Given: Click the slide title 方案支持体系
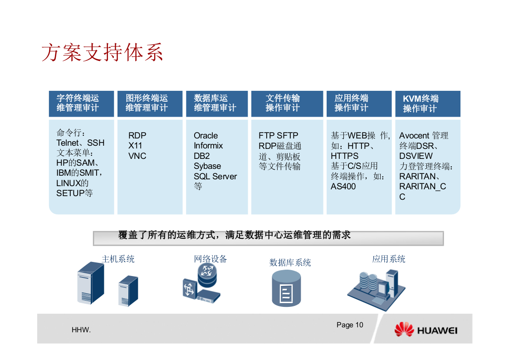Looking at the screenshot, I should tap(102, 52).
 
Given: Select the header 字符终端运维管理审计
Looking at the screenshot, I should tap(78, 103).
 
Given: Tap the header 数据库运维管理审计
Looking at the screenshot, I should tap(215, 103).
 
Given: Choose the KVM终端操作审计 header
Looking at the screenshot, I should tap(421, 104).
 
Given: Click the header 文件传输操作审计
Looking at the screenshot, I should tap(283, 103).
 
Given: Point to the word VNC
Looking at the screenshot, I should tap(137, 156).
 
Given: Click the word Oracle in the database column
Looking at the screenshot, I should tap(206, 135).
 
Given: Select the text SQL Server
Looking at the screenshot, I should tap(215, 176).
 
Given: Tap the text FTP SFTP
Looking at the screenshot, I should tap(278, 135).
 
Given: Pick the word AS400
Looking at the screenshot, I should tap(343, 186).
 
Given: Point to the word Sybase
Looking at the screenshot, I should tap(207, 166).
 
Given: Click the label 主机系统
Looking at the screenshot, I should tap(118, 259).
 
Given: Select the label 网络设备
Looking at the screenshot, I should tap(210, 259).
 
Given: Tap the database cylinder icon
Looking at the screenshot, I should tap(286, 289).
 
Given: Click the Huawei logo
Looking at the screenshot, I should tap(426, 330).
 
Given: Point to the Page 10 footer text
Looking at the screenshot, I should tap(350, 325).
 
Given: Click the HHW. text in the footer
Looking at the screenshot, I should tap(81, 330).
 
